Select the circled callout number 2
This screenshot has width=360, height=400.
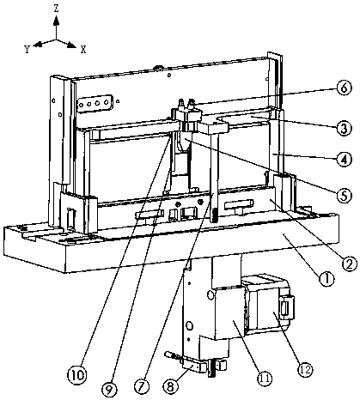349,262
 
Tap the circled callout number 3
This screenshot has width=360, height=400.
344,128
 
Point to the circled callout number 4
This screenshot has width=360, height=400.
344,159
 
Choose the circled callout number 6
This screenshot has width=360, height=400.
344,88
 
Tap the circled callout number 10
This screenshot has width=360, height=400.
76,374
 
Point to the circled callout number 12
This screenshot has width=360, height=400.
304,369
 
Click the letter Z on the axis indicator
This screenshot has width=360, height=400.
57,9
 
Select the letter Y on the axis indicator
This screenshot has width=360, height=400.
27,50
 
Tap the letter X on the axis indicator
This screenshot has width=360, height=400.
83,50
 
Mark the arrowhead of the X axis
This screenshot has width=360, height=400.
71,45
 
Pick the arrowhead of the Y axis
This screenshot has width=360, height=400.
38,44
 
